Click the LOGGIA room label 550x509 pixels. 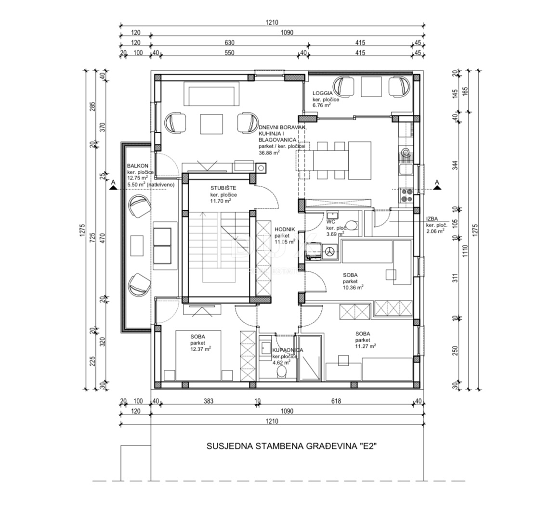pyautogui.click(x=323, y=93)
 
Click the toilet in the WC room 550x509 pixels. pyautogui.click(x=352, y=225)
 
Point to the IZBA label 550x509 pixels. pyautogui.click(x=432, y=219)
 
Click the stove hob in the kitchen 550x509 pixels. pyautogui.click(x=406, y=195)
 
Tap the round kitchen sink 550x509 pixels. pyautogui.click(x=406, y=153)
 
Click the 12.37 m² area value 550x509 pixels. pyautogui.click(x=201, y=349)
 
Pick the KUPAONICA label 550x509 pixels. pyautogui.click(x=288, y=350)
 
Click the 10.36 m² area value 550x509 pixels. pyautogui.click(x=353, y=287)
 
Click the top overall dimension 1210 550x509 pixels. pyautogui.click(x=271, y=23)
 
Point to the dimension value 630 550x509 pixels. pyautogui.click(x=229, y=42)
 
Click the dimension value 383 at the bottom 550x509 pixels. pyautogui.click(x=208, y=401)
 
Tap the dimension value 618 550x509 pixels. pyautogui.click(x=336, y=401)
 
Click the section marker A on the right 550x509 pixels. pyautogui.click(x=437, y=182)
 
